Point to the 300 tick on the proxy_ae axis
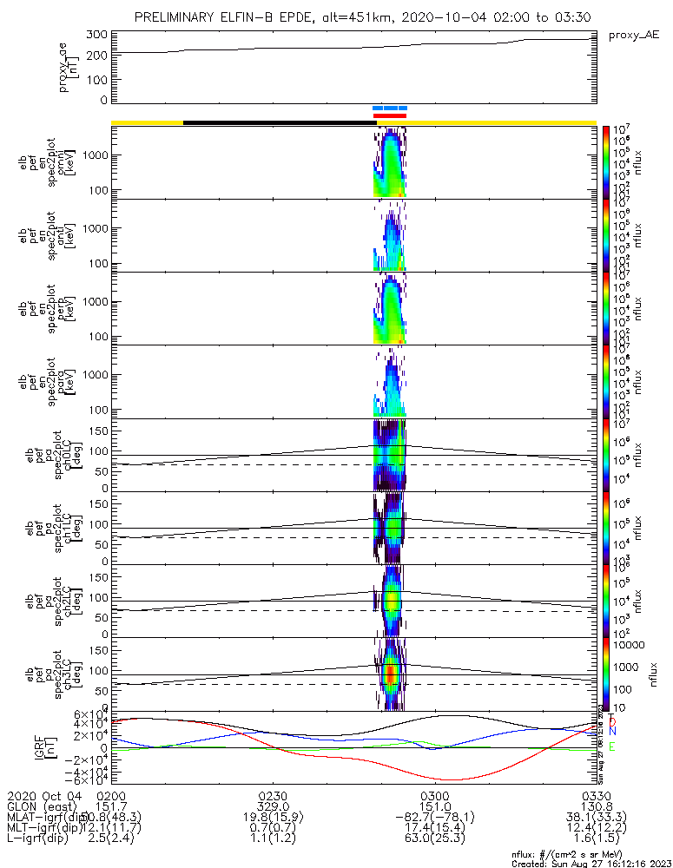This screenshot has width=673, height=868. coord(96,35)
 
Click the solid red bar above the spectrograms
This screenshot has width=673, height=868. coord(390,115)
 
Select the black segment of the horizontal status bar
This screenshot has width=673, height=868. coord(279,122)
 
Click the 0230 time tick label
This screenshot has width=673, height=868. coord(273,795)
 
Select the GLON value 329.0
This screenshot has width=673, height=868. coord(273,806)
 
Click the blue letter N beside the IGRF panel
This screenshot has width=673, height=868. coord(611,733)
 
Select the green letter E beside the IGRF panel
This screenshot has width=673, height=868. coord(611,746)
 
